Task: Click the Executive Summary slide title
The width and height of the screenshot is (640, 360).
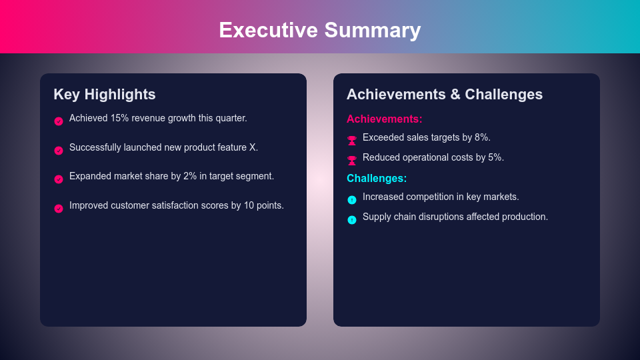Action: pos(320,30)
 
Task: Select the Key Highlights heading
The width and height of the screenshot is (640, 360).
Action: pos(105,95)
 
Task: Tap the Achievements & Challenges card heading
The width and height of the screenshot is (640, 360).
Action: pos(445,95)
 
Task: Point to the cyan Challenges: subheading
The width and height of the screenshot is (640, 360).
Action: pos(377,178)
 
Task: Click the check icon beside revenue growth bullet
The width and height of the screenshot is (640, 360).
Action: pos(59,121)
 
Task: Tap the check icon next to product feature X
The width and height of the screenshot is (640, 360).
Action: pos(59,151)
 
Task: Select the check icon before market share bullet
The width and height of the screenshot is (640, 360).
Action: pos(59,179)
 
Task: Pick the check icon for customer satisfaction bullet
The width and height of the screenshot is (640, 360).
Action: pos(59,209)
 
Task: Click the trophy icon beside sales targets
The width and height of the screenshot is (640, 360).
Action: pos(352,140)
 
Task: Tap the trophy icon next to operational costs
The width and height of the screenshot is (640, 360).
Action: pos(352,160)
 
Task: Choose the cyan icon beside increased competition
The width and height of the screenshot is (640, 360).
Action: pos(352,199)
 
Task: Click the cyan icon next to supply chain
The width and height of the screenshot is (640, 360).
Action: pos(352,219)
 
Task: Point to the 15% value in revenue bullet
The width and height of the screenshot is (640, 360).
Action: pos(119,118)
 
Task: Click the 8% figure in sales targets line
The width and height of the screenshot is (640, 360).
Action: pos(482,137)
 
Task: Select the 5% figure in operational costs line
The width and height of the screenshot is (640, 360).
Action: pos(495,157)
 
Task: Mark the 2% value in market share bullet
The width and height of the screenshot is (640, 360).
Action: pos(190,176)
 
